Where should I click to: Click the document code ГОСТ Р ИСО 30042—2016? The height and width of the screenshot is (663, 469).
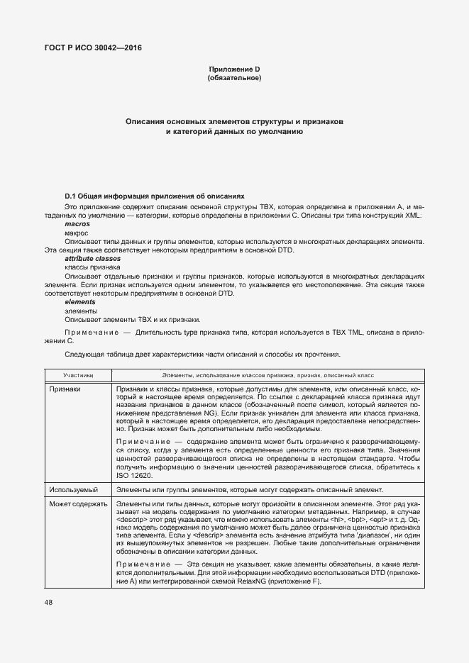point(89,48)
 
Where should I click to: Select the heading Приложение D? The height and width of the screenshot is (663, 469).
point(234,68)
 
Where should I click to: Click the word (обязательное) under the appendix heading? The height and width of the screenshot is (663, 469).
point(234,77)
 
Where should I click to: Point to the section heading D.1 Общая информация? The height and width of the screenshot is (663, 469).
point(154,195)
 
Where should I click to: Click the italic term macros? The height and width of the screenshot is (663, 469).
point(77,223)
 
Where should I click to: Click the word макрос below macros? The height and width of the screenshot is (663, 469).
point(77,233)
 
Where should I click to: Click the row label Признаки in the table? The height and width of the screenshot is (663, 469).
point(65,389)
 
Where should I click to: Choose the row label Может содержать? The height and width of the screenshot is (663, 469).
point(78,504)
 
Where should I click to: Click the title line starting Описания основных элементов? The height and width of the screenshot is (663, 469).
point(234,122)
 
